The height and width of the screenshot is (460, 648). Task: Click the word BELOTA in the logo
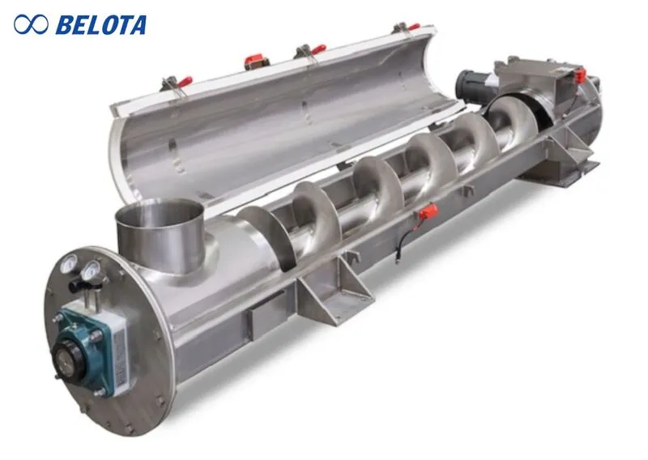click(x=100, y=24)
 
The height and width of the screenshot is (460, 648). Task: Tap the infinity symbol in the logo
click(x=32, y=24)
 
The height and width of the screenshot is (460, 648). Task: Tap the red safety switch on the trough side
click(x=426, y=212)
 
